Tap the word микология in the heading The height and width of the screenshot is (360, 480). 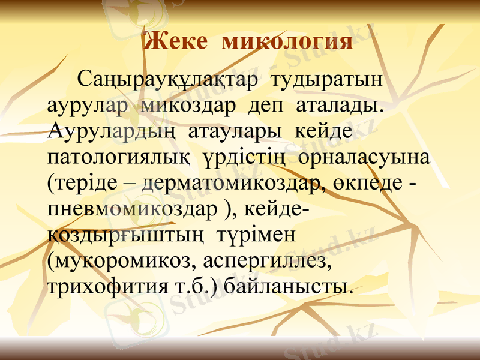point(287,42)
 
